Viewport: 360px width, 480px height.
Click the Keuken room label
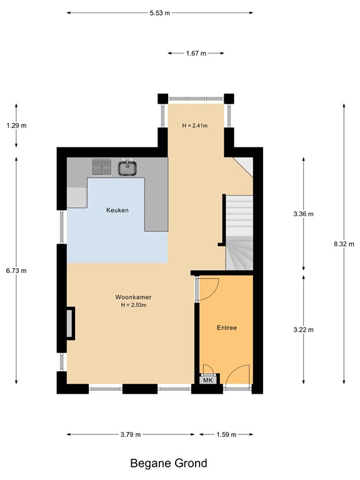coord(117,211)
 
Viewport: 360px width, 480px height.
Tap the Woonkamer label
coord(134,297)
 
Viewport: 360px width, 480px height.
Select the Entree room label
coord(226,327)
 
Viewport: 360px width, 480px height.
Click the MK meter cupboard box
coord(207,380)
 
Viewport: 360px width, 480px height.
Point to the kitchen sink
coord(128,167)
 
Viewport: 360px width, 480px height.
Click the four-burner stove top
coord(102,167)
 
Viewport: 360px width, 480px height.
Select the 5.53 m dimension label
coord(159,12)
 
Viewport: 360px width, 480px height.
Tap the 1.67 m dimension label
coord(196,54)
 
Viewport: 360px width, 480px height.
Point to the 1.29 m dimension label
coord(16,126)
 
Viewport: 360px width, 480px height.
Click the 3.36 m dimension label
coord(303,214)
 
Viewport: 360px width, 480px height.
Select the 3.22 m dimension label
coord(303,329)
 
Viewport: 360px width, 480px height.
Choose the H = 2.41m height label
coord(194,126)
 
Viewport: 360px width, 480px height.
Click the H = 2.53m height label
coord(134,305)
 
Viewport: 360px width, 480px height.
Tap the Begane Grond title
coord(168,463)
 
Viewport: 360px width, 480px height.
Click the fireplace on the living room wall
coord(70,323)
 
